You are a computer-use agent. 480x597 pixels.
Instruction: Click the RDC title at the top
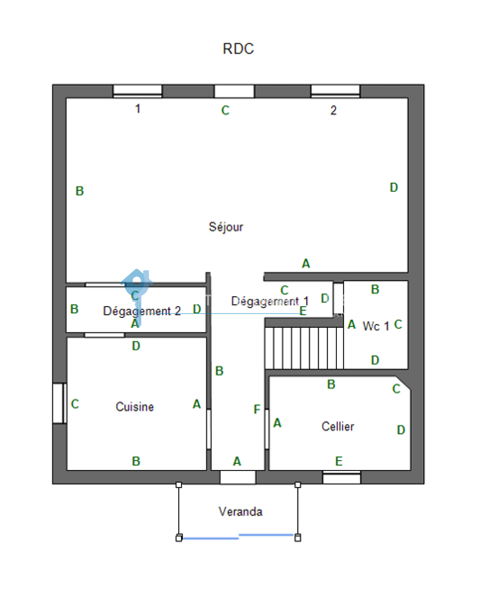click(238, 49)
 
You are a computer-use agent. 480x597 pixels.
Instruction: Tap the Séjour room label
click(226, 227)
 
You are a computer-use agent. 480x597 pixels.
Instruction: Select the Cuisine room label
click(135, 407)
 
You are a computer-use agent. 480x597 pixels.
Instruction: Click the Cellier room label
click(338, 426)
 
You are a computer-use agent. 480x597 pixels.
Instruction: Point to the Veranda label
click(240, 511)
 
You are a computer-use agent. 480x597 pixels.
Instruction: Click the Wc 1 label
click(376, 326)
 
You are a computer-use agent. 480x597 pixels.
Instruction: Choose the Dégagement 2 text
click(142, 311)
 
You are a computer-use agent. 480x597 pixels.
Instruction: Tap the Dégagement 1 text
click(270, 301)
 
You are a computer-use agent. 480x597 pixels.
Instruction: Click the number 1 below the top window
click(138, 109)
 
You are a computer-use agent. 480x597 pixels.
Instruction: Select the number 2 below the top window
click(333, 110)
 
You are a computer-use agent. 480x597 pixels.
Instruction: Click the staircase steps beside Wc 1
click(304, 348)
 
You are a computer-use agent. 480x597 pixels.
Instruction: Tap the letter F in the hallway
click(257, 409)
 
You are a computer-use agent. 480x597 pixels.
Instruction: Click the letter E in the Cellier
click(339, 461)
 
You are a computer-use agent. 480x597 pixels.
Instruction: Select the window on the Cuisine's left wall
click(59, 403)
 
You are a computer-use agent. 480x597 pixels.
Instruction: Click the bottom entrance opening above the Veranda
click(238, 477)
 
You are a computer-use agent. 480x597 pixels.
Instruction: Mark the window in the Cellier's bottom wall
click(342, 477)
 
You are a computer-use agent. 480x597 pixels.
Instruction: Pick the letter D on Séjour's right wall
click(394, 187)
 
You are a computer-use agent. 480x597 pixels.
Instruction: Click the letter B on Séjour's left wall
click(79, 191)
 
